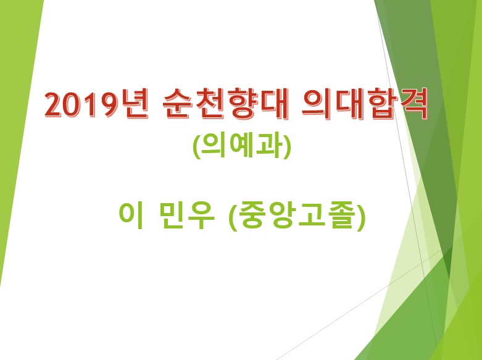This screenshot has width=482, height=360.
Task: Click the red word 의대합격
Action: pos(365,104)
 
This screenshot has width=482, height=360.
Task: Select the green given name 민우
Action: pos(187,214)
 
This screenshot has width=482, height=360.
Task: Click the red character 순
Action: pos(178,104)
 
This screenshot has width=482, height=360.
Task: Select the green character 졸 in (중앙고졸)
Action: pos(344,214)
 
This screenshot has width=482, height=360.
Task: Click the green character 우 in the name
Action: pos(201,214)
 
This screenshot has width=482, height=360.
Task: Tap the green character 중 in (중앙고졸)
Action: pos(252,214)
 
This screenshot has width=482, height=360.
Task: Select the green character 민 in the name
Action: pos(173,214)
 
